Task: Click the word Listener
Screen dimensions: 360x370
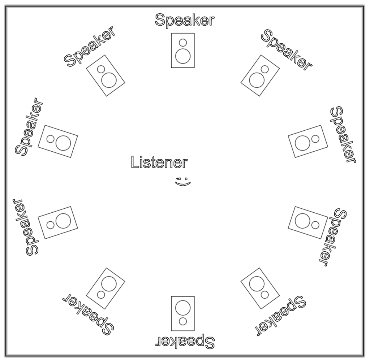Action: point(159,162)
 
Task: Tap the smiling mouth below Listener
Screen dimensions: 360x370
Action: point(183,184)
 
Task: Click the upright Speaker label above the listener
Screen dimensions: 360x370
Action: point(184,20)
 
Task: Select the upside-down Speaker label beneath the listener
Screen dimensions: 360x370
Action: point(185,341)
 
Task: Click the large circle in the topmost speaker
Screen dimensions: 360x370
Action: point(183,56)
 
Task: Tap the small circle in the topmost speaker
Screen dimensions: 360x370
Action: point(183,42)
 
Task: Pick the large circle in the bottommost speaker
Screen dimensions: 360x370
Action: point(183,307)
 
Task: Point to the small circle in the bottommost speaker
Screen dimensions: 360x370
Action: point(183,321)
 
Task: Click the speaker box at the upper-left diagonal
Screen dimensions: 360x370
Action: point(106,75)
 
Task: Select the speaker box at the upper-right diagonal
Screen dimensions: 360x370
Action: point(260,75)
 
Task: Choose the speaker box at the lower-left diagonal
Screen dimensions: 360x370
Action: point(106,288)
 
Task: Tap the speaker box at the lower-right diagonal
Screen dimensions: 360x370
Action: point(260,288)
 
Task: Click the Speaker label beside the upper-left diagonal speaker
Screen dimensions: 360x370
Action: point(90,47)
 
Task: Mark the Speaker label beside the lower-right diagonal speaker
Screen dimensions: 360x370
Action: point(280,316)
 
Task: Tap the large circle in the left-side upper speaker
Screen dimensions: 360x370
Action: point(64,143)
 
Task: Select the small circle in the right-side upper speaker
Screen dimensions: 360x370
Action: point(315,139)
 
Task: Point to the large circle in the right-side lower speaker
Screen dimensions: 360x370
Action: point(302,221)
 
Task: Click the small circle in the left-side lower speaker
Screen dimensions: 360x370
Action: point(51,225)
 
